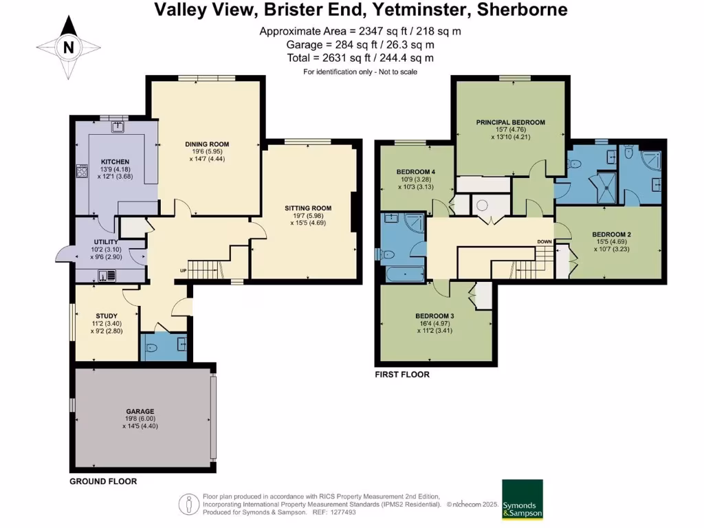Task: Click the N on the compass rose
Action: [68, 47]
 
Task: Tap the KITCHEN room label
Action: [115, 162]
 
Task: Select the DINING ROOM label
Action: [207, 144]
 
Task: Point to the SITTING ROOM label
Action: [308, 208]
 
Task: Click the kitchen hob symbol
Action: [82, 171]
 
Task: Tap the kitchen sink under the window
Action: [118, 126]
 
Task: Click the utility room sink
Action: [107, 275]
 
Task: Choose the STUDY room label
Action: [107, 316]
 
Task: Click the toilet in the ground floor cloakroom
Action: [151, 348]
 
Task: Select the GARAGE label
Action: [140, 411]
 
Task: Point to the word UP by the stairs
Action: [183, 271]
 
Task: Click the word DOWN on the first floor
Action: [544, 241]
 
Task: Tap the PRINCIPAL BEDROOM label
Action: [511, 122]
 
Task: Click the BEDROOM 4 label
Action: [416, 171]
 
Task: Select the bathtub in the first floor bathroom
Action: [405, 274]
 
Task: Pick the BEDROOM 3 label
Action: [434, 316]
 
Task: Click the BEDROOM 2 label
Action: [611, 234]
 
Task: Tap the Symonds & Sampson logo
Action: [522, 499]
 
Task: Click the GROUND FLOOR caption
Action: [103, 481]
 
